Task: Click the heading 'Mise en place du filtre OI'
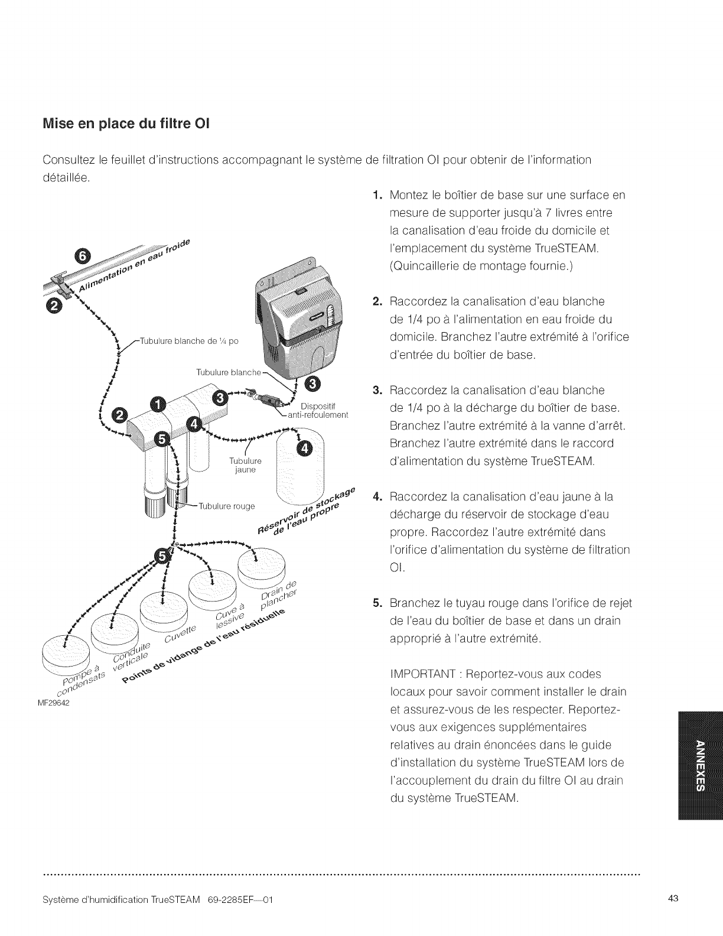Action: [126, 125]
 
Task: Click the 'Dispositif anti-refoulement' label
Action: [318, 410]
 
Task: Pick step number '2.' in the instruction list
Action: [378, 302]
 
